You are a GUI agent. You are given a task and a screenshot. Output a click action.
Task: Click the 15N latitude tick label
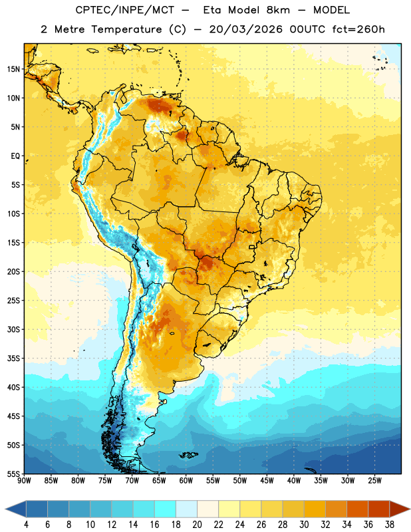(13, 69)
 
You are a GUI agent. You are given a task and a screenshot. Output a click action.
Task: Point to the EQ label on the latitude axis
(15, 156)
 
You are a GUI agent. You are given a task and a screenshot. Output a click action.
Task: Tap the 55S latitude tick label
(13, 474)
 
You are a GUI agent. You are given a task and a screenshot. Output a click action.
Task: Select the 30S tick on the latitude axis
(13, 329)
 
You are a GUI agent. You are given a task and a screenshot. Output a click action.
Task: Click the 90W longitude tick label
(24, 481)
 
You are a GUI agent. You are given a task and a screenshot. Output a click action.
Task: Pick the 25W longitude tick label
(374, 481)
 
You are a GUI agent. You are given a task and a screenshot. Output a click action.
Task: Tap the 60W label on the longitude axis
(186, 481)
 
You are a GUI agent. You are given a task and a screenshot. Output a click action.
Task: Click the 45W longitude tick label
(267, 481)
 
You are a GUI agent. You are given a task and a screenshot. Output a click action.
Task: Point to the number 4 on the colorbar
(26, 525)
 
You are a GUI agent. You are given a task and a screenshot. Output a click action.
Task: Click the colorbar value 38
(389, 525)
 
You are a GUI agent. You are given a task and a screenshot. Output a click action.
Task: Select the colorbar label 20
(197, 525)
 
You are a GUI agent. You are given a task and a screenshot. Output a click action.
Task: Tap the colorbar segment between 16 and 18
(166, 509)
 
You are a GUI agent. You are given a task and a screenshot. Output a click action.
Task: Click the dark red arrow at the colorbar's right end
(399, 509)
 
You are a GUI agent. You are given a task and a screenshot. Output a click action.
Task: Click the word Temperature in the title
(126, 29)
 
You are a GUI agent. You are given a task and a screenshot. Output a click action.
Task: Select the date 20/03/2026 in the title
(245, 29)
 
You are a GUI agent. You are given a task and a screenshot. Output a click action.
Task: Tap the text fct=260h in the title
(358, 29)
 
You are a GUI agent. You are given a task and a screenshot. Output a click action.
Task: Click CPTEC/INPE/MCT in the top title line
(124, 10)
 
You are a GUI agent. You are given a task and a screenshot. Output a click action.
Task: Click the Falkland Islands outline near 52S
(188, 455)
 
